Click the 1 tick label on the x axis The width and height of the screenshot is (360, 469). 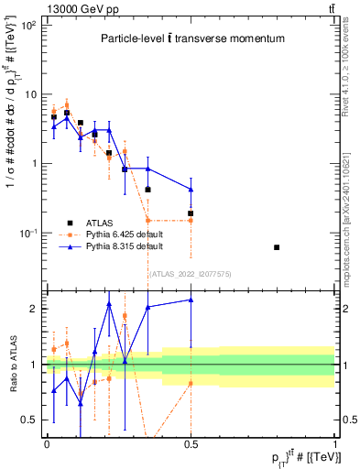[333, 444]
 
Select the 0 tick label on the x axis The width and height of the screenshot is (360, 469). [47, 444]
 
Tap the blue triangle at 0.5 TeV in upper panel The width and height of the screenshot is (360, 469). [191, 190]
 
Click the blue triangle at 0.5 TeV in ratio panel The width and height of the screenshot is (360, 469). [191, 300]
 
